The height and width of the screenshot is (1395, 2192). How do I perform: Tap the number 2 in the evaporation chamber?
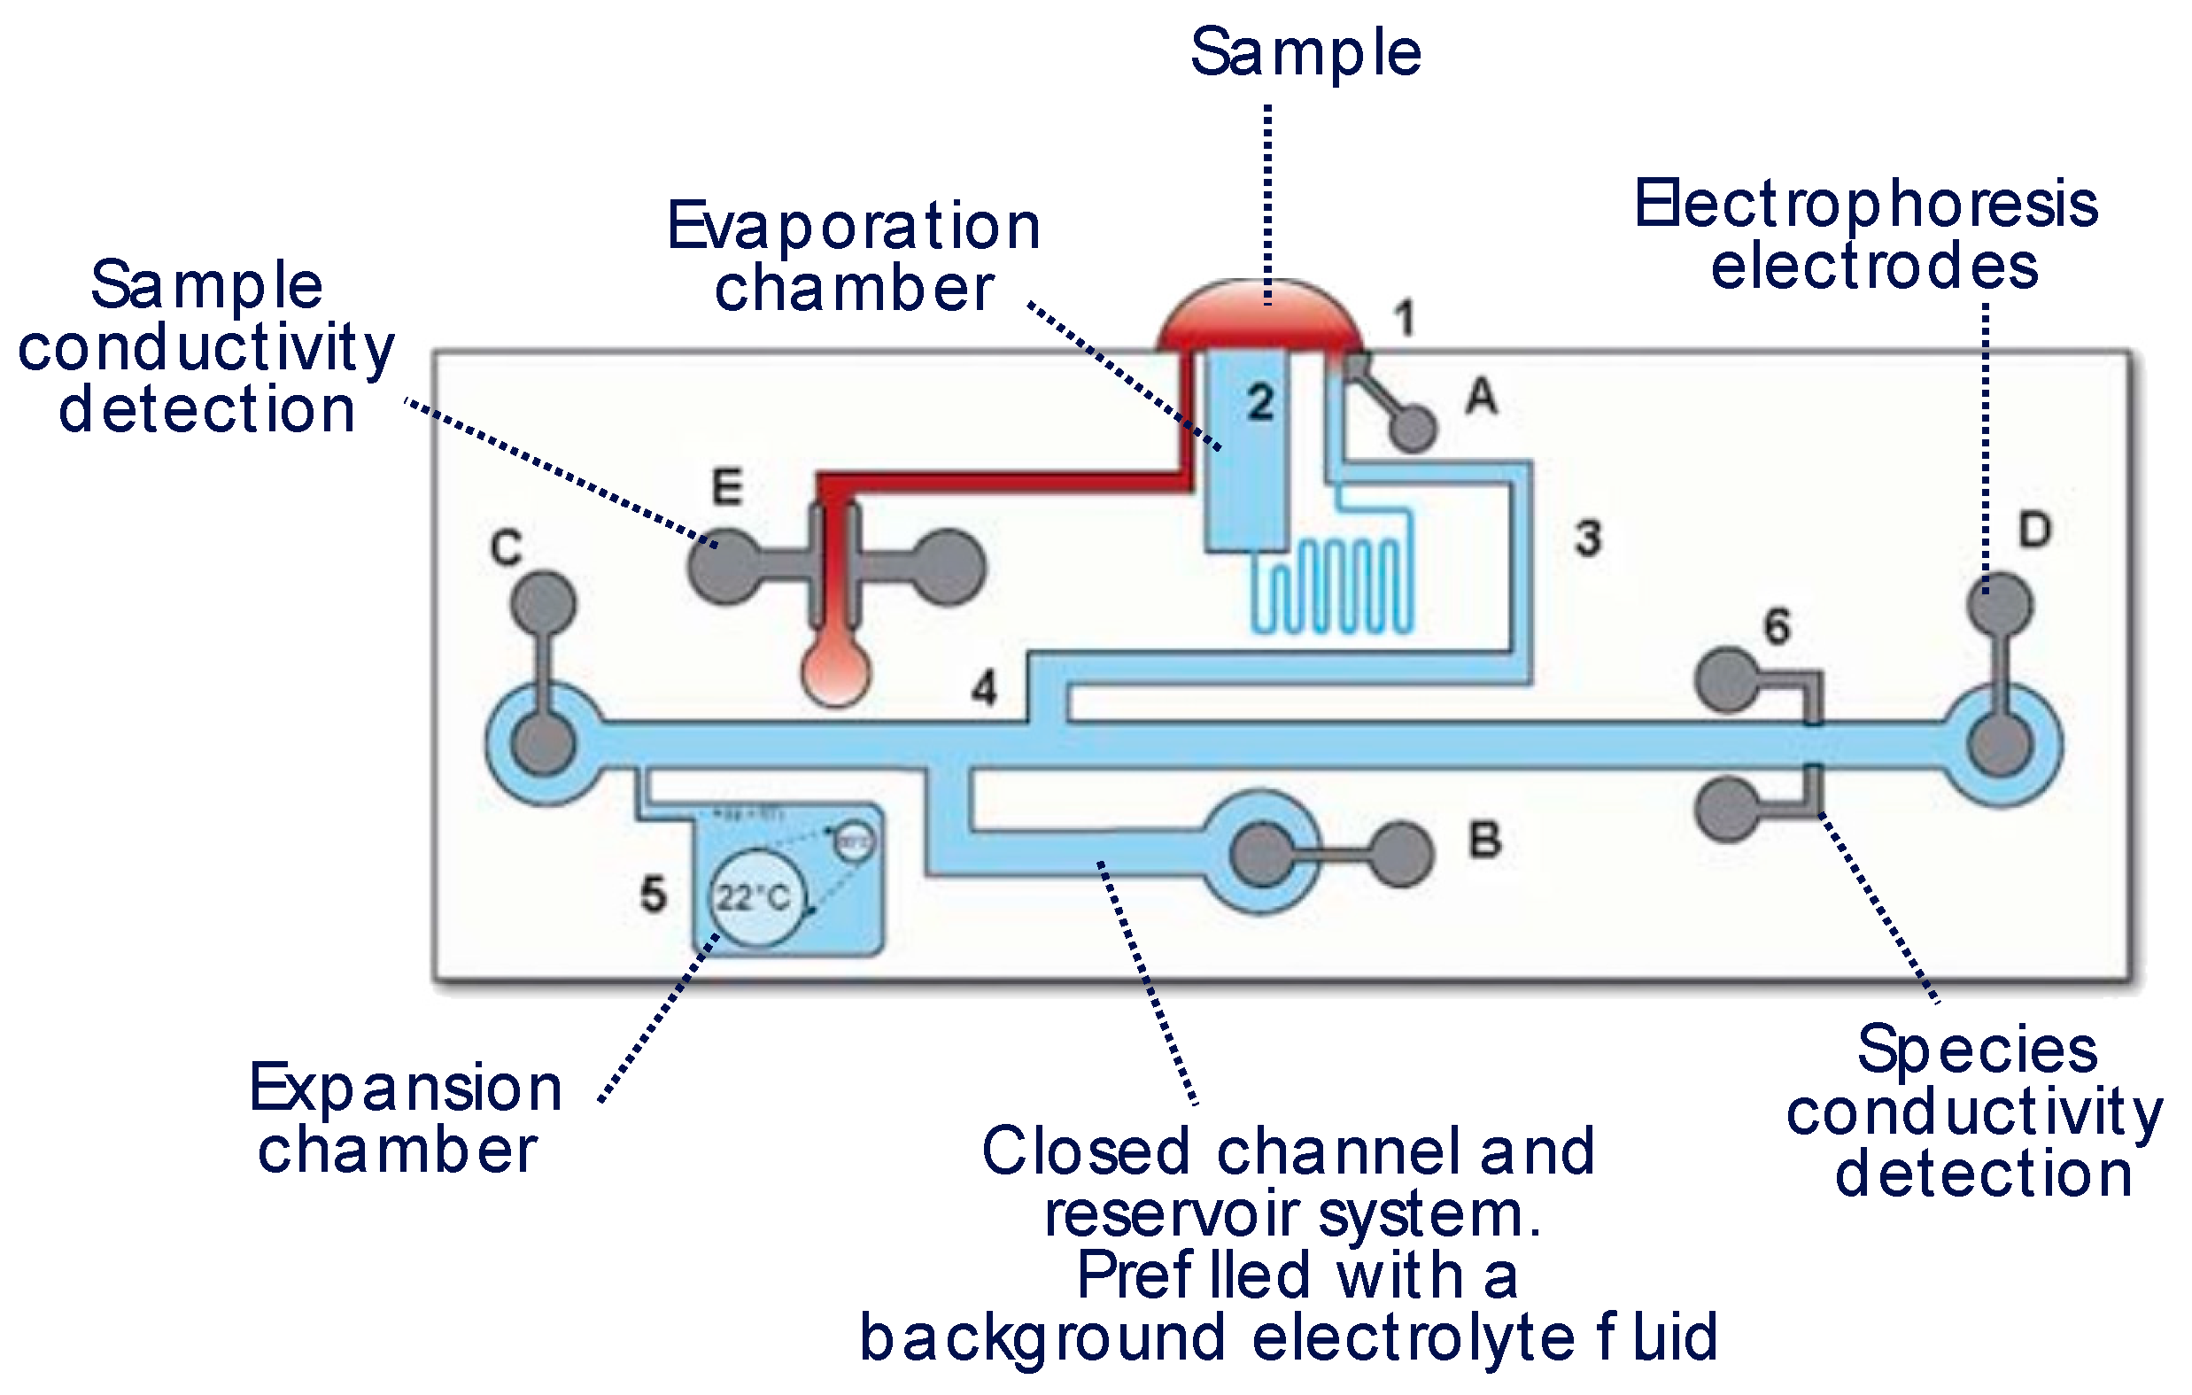point(1260,401)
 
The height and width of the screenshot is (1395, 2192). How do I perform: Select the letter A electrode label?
point(1481,396)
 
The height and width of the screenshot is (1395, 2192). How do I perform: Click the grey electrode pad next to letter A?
point(1414,428)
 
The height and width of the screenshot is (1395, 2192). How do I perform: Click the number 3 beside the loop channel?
point(1589,539)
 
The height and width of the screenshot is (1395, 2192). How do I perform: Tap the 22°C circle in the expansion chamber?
point(754,898)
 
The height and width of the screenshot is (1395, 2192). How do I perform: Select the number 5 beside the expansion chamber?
point(653,895)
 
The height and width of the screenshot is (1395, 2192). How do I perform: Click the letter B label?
point(1484,840)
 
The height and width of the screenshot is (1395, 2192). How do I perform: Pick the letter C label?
point(506,548)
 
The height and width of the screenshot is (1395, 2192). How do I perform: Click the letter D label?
point(2034,530)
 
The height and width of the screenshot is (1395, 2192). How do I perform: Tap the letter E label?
point(726,487)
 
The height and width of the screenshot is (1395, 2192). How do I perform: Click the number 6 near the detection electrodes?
point(1777,626)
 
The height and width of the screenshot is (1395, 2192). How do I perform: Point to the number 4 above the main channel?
point(984,688)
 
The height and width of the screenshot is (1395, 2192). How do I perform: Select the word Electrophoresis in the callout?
point(1866,205)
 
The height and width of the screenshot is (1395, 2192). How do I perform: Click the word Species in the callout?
point(1977,1050)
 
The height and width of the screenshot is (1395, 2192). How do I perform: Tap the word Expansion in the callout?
point(406,1089)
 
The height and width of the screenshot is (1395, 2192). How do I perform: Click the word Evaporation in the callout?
point(854,227)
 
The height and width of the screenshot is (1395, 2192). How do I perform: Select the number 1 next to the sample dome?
point(1405,320)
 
